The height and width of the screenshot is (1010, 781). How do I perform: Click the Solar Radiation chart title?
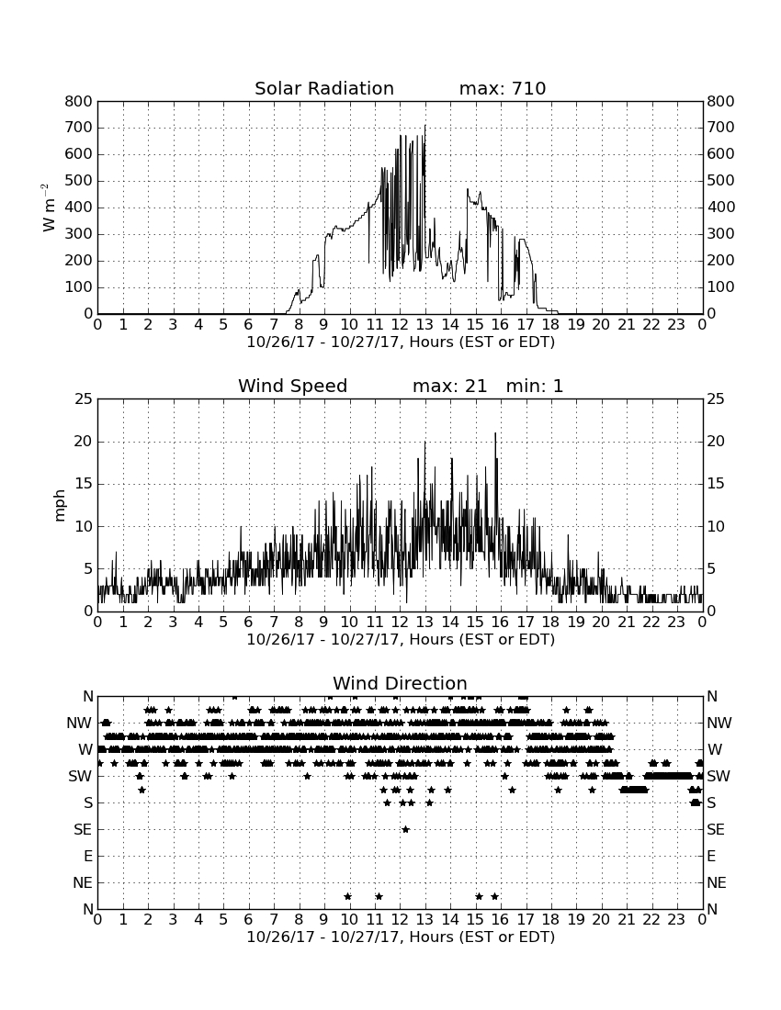click(x=324, y=88)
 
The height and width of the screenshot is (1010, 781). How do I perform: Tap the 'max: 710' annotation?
click(x=503, y=88)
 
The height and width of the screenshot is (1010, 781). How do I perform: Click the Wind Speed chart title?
click(x=292, y=386)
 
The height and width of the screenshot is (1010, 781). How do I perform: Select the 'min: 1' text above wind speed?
click(x=534, y=386)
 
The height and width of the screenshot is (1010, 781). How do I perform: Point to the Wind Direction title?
click(x=400, y=683)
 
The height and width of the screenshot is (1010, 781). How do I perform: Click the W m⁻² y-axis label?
click(x=49, y=208)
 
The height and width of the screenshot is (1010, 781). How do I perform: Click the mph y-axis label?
click(x=60, y=506)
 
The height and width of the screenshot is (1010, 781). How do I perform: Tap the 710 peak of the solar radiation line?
click(x=424, y=126)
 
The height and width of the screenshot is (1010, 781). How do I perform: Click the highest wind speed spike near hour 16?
click(x=495, y=433)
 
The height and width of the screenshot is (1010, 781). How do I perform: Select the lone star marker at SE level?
click(x=405, y=829)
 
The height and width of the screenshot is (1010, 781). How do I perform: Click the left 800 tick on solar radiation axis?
click(x=79, y=101)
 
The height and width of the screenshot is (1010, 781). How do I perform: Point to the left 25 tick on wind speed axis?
click(x=84, y=399)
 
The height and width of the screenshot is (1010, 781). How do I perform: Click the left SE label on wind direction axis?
click(x=83, y=830)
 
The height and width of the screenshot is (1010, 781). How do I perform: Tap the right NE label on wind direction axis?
click(x=717, y=882)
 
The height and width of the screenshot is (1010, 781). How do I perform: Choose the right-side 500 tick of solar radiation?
click(x=720, y=180)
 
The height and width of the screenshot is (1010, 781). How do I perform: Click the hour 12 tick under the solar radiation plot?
click(x=400, y=324)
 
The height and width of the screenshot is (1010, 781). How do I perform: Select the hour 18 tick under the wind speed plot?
click(x=550, y=622)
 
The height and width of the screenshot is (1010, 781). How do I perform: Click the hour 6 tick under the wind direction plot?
click(x=249, y=919)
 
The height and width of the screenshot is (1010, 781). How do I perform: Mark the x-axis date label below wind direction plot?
click(x=401, y=937)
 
